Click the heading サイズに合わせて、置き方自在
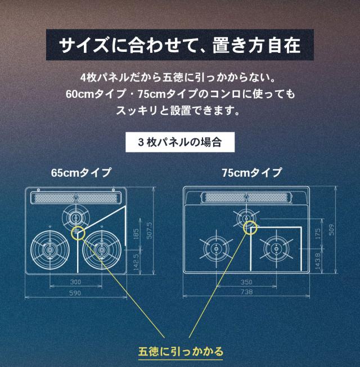179,44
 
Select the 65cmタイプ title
81,173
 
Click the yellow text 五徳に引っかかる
181,352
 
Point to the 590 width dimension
75,293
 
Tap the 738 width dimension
246,292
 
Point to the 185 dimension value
136,234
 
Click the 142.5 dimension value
136,263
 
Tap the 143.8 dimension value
318,261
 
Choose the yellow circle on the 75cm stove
250,227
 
